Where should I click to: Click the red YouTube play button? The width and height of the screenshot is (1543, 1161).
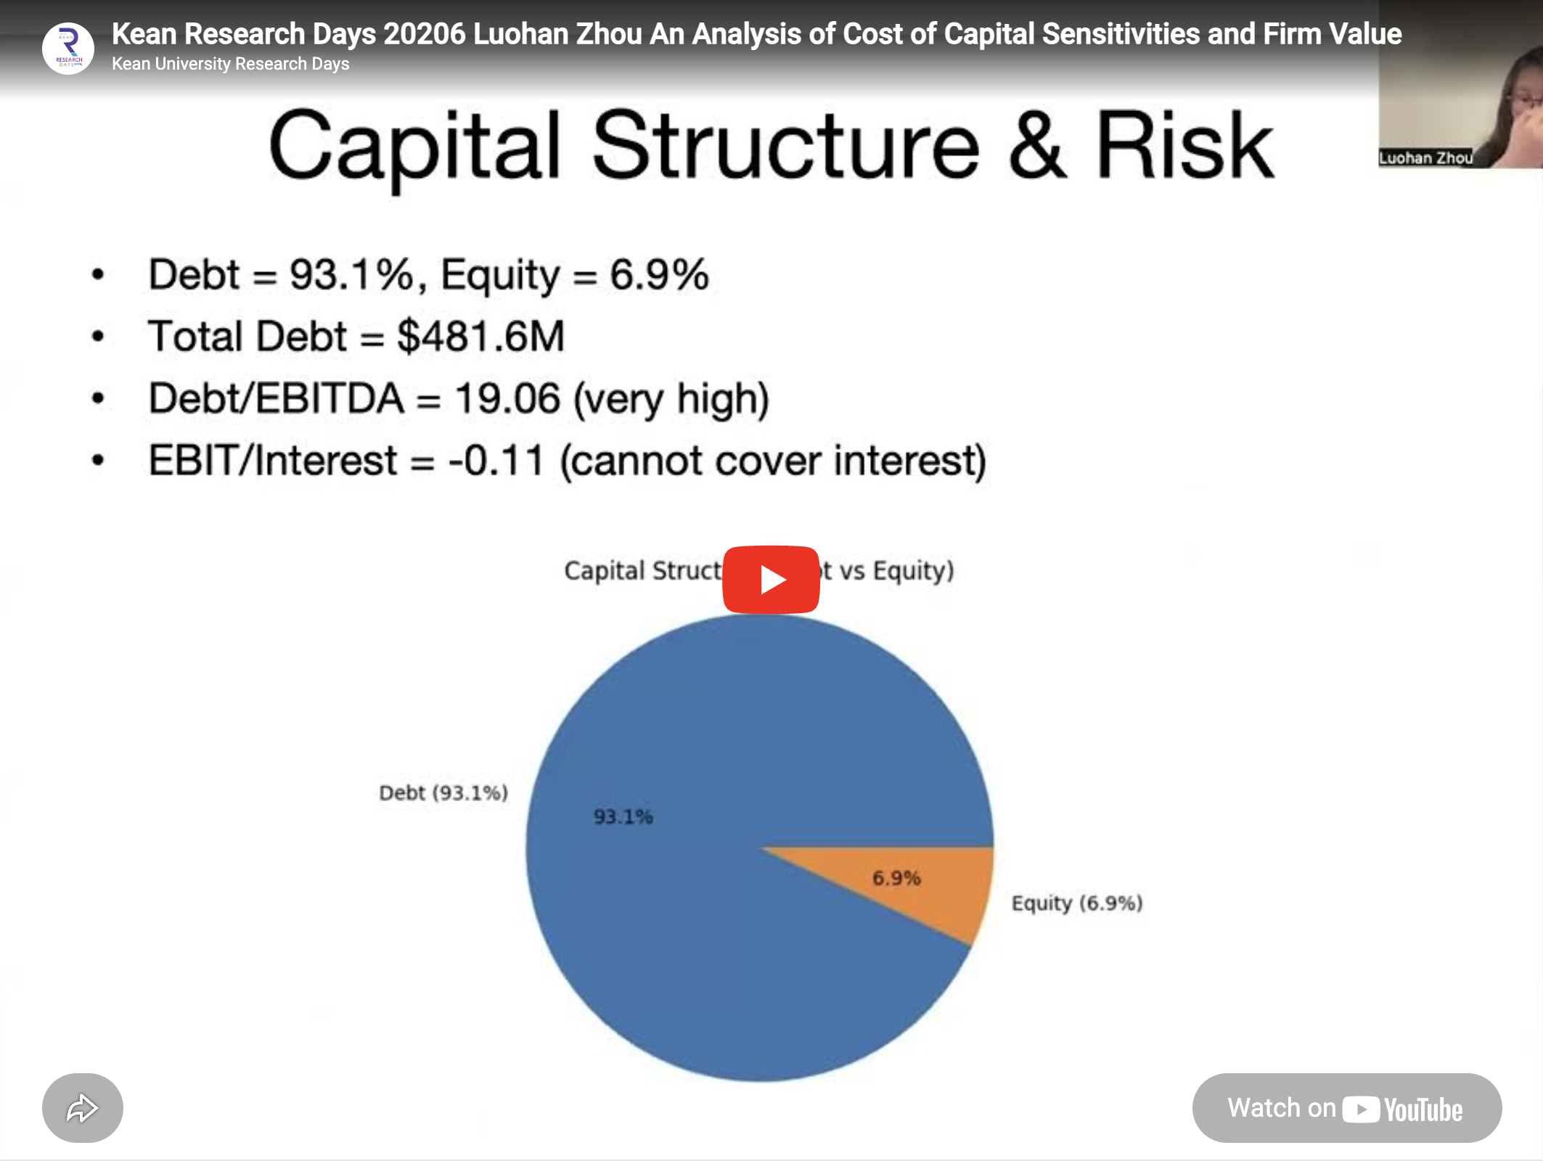pos(771,580)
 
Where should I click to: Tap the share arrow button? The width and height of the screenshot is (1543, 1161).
pos(82,1108)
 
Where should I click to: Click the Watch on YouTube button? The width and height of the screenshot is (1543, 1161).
pos(1346,1108)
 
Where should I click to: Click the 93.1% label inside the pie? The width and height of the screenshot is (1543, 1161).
pos(623,817)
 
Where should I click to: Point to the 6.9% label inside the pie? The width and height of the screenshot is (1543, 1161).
pos(896,878)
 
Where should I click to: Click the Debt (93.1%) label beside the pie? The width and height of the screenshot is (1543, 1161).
pos(443,792)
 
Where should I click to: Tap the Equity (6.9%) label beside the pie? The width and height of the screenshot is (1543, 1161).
pos(1077,903)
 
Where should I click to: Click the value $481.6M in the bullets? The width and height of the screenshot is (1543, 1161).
pos(480,337)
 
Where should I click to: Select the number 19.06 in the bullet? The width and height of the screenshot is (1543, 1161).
pos(507,398)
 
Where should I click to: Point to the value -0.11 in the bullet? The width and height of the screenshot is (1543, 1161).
pos(496,461)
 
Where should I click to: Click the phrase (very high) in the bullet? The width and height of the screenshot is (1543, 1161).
pos(671,400)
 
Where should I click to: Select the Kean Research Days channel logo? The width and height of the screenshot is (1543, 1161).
pos(68,49)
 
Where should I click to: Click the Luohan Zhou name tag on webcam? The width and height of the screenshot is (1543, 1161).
pos(1425,158)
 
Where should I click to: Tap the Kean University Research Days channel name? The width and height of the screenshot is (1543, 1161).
pos(230,64)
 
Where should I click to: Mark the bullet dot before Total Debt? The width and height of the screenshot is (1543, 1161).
pos(98,337)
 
